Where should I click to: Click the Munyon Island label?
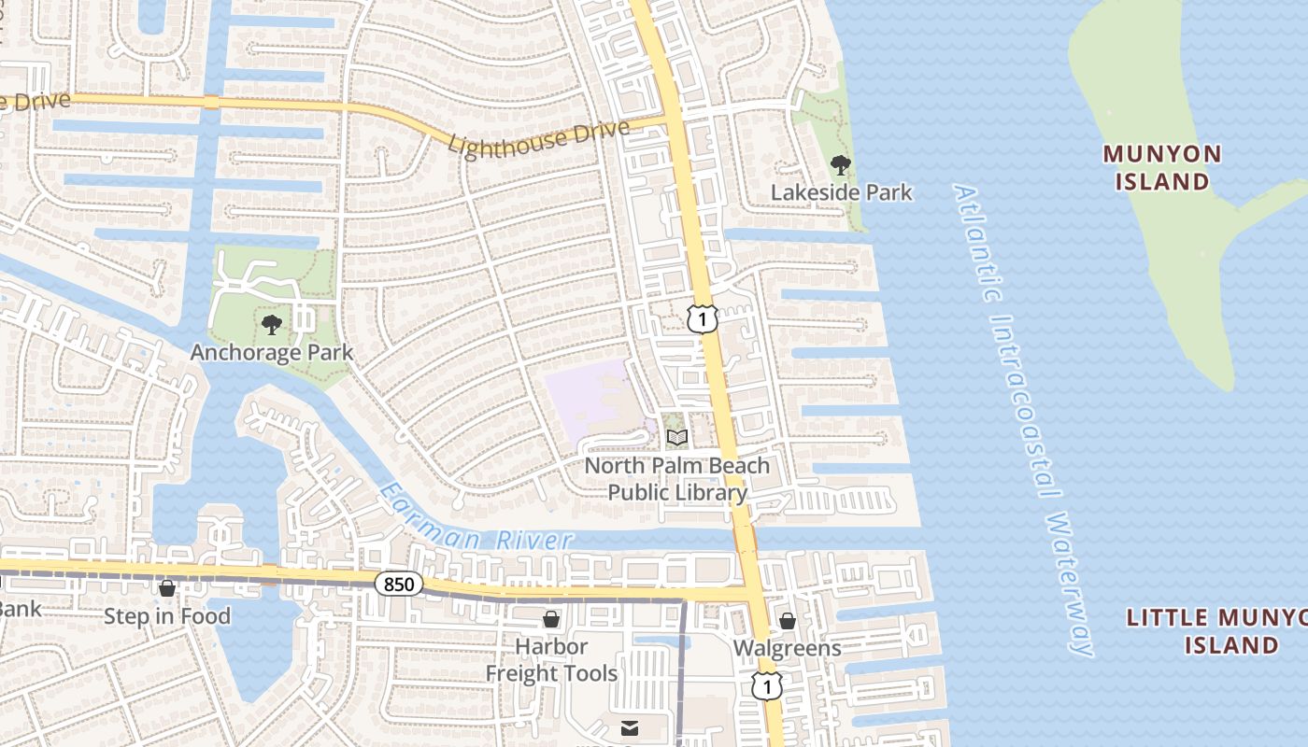click(x=1161, y=167)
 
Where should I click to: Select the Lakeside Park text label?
click(x=841, y=192)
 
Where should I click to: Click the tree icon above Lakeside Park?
click(x=841, y=165)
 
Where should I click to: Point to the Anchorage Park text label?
click(x=272, y=352)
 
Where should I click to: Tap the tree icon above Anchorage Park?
click(x=272, y=325)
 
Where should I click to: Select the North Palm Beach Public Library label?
click(x=677, y=479)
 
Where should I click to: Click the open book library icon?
click(x=677, y=437)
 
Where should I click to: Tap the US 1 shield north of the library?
click(x=703, y=318)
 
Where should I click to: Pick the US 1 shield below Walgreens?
click(x=766, y=686)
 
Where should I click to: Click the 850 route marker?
click(x=399, y=585)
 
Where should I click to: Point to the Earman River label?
click(x=476, y=519)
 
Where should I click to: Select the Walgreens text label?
click(x=787, y=648)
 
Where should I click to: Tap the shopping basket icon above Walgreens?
click(x=788, y=621)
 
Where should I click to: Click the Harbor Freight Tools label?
click(x=551, y=660)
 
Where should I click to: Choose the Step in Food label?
click(x=166, y=616)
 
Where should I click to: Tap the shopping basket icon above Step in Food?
click(x=167, y=588)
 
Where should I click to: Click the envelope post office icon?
click(x=630, y=727)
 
